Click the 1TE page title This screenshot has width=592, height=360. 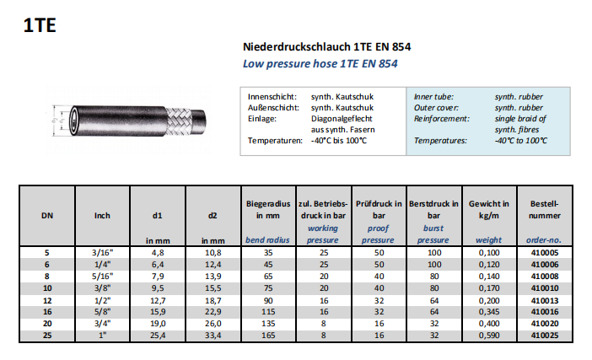[40, 25]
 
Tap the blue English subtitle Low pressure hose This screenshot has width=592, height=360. [320, 63]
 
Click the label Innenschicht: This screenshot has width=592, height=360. [272, 97]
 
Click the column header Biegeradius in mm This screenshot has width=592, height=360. [268, 210]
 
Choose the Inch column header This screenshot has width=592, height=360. [102, 215]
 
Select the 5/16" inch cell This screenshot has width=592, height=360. [102, 275]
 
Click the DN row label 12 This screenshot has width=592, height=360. [47, 298]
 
